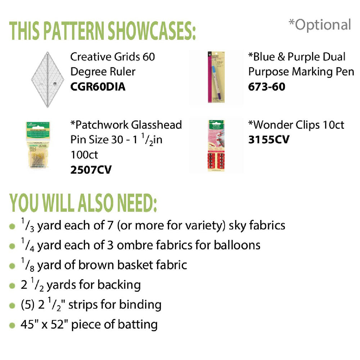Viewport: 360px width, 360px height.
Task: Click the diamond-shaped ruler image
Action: (48, 80)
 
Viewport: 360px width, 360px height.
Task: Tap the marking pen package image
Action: (216, 77)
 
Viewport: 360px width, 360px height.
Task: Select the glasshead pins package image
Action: (38, 145)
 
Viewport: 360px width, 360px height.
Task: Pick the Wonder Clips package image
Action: (216, 145)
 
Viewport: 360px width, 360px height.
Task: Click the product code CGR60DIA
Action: (98, 87)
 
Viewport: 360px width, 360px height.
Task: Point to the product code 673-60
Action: (267, 87)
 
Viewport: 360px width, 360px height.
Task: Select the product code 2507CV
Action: (91, 170)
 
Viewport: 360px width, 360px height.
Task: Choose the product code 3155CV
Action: (269, 140)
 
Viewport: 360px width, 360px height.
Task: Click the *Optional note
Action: (320, 25)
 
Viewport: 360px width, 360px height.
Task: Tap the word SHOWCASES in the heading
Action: (152, 31)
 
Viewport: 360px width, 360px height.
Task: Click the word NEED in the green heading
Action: (137, 203)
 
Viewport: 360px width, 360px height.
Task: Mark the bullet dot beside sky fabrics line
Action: (12, 226)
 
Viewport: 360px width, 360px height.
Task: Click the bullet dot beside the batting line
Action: (12, 325)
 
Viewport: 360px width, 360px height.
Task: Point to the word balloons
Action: (237, 245)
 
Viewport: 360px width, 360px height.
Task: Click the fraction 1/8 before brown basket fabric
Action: (28, 265)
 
